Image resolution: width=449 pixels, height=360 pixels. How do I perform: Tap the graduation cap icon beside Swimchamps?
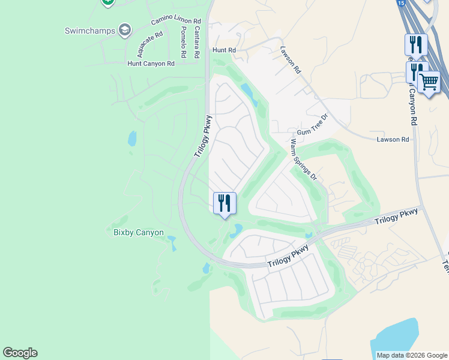[x=125, y=29]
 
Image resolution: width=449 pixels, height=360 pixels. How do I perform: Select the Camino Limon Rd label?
[x=176, y=20]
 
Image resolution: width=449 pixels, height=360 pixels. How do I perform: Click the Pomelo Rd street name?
[x=183, y=42]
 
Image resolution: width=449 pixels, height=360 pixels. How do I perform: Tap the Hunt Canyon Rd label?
[x=151, y=63]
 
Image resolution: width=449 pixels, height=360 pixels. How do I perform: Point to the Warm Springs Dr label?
[x=303, y=160]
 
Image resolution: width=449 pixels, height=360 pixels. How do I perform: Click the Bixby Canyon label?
[x=139, y=232]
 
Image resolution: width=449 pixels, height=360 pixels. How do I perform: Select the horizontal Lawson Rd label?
[x=393, y=139]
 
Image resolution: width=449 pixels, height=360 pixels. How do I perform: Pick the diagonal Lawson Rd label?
[x=290, y=60]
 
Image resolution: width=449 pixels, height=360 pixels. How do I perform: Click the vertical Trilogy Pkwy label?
[x=203, y=136]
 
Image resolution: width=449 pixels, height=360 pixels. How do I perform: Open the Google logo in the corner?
[x=20, y=353]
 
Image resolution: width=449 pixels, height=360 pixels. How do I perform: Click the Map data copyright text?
[x=412, y=355]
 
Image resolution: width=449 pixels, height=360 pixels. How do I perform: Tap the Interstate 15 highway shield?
[x=400, y=3]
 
